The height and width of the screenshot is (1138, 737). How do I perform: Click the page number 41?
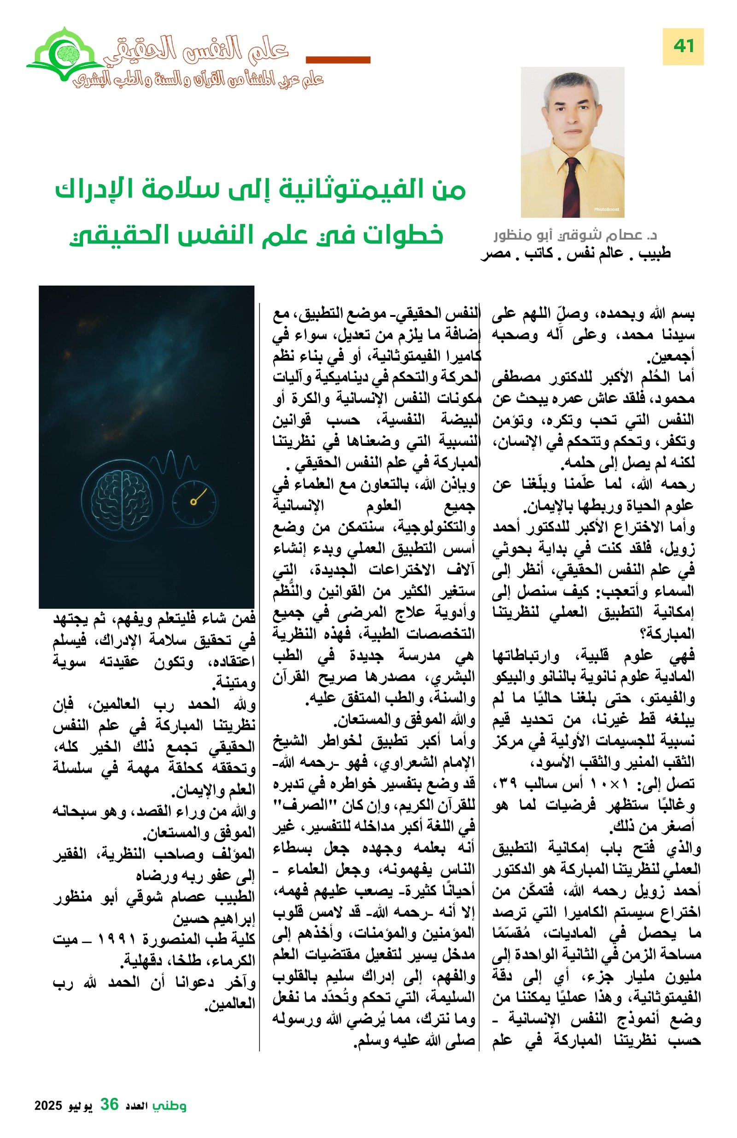point(683,47)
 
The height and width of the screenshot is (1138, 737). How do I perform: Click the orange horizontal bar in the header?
point(338,60)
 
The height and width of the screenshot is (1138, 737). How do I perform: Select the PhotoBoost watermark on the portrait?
point(606,210)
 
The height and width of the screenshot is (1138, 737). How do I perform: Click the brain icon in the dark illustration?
point(122,499)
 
